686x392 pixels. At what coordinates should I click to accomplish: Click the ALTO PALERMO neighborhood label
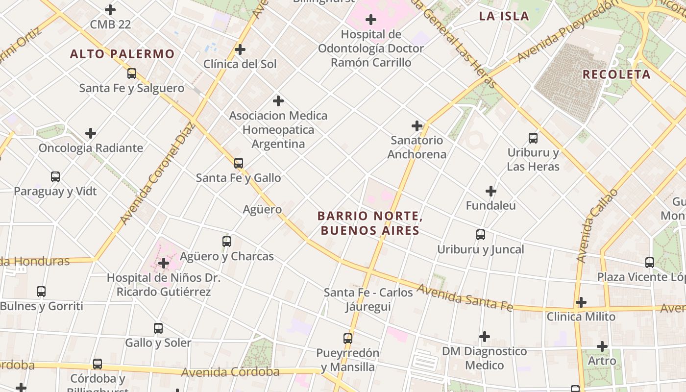[122, 54]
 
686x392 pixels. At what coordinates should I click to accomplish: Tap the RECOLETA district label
[616, 74]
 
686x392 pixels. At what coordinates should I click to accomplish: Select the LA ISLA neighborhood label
[504, 16]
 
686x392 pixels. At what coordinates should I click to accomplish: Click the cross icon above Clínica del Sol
[240, 49]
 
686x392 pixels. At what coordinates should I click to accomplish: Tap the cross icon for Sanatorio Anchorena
[417, 126]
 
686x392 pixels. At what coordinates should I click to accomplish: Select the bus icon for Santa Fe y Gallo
[239, 163]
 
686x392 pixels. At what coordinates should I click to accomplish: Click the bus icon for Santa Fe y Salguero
[132, 74]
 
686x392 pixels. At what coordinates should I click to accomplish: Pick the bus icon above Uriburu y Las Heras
[533, 138]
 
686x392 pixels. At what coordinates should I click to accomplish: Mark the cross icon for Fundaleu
[491, 191]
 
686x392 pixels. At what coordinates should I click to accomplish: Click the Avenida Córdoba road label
[230, 372]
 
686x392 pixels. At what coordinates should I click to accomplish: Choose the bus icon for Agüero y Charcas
[227, 242]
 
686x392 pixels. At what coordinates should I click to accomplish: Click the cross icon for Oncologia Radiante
[91, 133]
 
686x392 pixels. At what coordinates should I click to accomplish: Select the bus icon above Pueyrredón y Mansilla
[348, 338]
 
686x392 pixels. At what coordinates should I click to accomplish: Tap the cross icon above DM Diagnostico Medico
[485, 337]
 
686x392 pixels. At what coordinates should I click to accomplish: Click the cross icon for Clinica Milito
[581, 302]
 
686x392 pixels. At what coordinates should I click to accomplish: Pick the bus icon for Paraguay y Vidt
[55, 177]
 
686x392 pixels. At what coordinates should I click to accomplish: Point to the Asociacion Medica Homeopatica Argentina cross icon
[278, 101]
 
